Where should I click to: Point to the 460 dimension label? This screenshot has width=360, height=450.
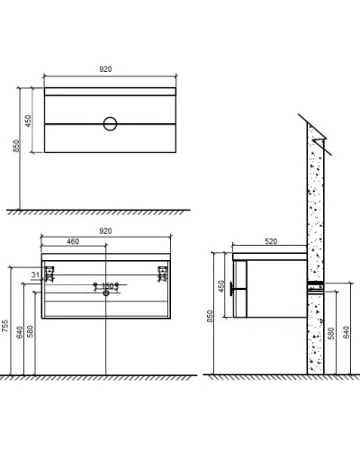[x=74, y=241]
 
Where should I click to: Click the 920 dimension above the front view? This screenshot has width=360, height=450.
[x=106, y=231]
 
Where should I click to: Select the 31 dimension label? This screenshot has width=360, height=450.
[x=34, y=274]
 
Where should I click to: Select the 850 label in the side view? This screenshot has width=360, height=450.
[x=211, y=317]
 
